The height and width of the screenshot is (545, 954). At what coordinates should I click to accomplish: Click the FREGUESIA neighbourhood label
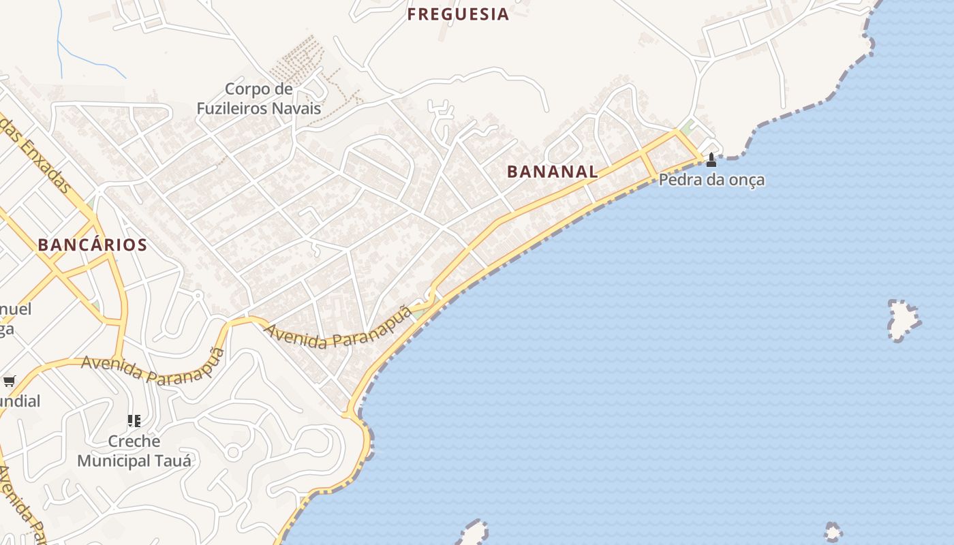pyautogui.click(x=458, y=14)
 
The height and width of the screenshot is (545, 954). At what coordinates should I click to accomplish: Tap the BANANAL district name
pyautogui.click(x=552, y=172)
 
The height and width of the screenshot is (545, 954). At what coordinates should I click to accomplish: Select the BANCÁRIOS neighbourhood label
pyautogui.click(x=93, y=245)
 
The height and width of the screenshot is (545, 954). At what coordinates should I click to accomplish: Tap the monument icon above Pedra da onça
pyautogui.click(x=711, y=160)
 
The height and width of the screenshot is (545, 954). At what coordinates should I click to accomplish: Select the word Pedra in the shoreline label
pyautogui.click(x=678, y=181)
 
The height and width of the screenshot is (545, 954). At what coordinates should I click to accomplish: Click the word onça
pyautogui.click(x=748, y=181)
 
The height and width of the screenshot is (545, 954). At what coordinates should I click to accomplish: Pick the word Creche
pyautogui.click(x=134, y=441)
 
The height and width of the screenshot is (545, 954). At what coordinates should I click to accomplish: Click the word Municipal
pyautogui.click(x=114, y=461)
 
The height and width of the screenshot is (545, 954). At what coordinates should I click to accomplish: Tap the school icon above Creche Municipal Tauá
pyautogui.click(x=134, y=421)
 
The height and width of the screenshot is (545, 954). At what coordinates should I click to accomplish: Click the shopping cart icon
pyautogui.click(x=9, y=381)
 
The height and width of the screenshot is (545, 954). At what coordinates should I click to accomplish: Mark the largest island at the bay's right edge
pyautogui.click(x=904, y=318)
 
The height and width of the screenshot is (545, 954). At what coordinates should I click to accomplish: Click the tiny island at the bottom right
pyautogui.click(x=833, y=531)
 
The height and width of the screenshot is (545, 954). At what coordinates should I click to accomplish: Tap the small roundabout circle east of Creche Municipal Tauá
pyautogui.click(x=233, y=451)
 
